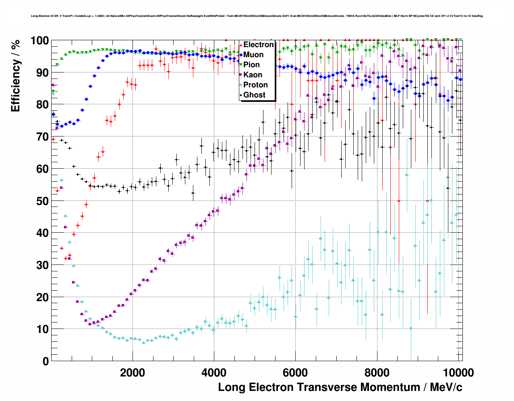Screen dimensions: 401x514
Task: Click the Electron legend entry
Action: (258, 45)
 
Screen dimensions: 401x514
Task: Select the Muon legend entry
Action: (253, 55)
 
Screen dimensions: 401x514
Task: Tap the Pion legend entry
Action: (251, 65)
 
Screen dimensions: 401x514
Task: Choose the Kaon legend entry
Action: (253, 75)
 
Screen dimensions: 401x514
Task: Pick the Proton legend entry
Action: (255, 85)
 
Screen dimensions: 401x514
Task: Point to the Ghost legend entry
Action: (254, 95)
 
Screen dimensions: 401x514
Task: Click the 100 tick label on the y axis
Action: (39, 41)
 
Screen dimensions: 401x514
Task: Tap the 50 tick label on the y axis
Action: (42, 201)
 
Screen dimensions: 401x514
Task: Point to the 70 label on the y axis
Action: (42, 137)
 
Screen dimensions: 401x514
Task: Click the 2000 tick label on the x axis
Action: (133, 373)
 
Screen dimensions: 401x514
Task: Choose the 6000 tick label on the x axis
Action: (295, 373)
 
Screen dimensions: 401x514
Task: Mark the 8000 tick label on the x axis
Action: (377, 373)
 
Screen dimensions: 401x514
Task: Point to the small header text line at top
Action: (257, 16)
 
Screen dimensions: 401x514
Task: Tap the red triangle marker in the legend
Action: (241, 45)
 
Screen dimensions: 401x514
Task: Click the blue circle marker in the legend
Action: (241, 55)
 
